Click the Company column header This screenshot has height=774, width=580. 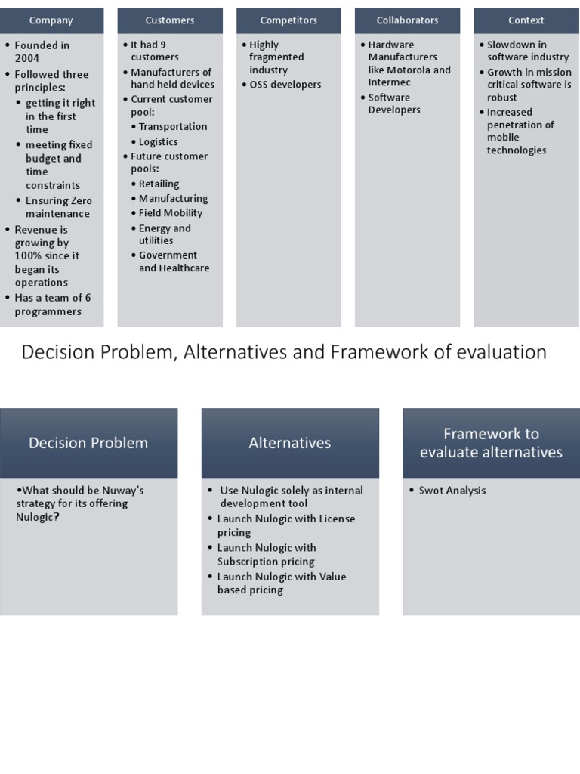(51, 20)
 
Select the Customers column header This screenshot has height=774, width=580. (170, 20)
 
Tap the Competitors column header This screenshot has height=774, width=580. (288, 20)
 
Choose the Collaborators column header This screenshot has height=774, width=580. (407, 20)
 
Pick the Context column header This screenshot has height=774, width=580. (526, 20)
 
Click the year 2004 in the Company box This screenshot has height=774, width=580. (27, 58)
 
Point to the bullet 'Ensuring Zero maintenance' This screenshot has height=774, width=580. (58, 207)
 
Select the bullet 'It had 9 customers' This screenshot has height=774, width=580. (151, 51)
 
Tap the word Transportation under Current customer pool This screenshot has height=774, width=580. (173, 126)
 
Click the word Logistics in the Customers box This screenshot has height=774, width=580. (159, 141)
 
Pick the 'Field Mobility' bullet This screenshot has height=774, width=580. (171, 213)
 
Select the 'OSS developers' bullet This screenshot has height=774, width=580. (285, 85)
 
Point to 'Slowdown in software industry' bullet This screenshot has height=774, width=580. (527, 51)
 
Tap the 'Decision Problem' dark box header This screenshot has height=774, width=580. (88, 443)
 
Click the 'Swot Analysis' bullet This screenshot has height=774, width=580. (452, 491)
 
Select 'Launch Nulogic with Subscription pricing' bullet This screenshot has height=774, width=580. (267, 555)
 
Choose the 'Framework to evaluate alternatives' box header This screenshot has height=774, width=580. (491, 443)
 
